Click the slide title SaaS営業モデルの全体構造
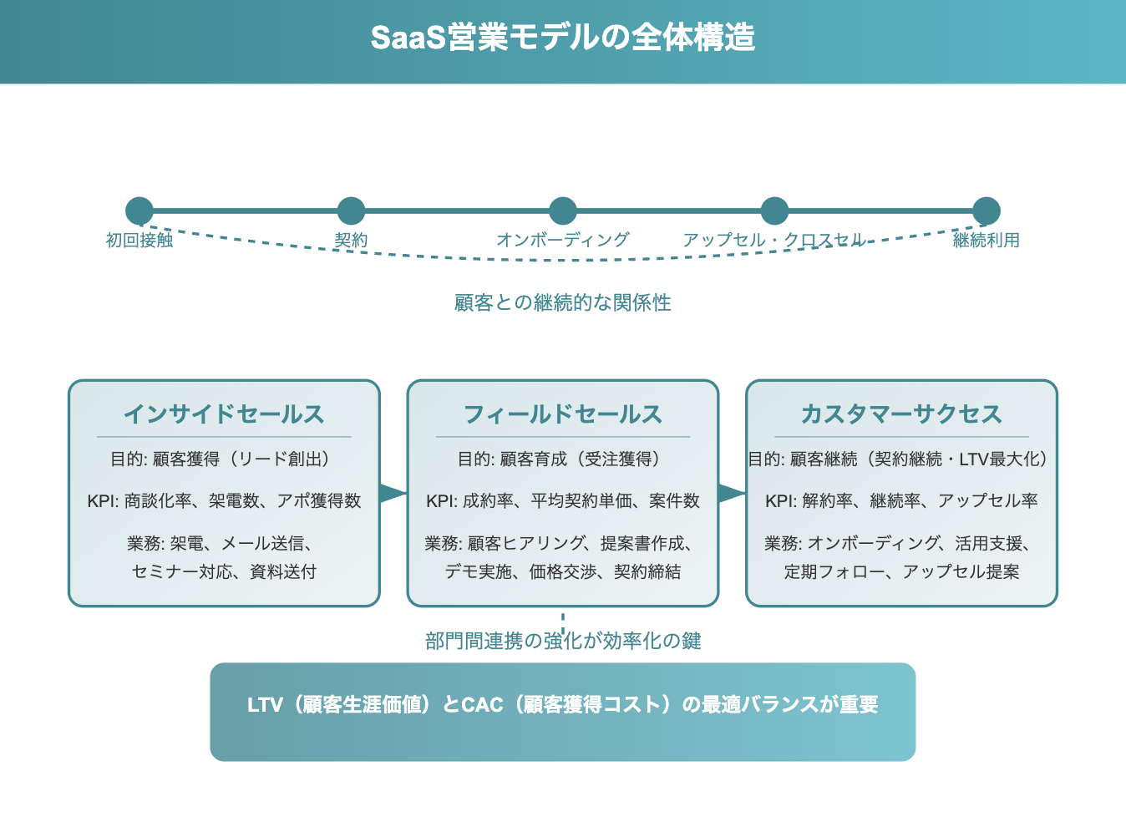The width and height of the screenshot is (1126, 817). pyautogui.click(x=562, y=38)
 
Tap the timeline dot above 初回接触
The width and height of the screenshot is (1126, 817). pyautogui.click(x=139, y=211)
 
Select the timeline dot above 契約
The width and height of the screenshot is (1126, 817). pyautogui.click(x=351, y=211)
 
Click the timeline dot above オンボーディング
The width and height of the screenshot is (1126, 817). pyautogui.click(x=562, y=211)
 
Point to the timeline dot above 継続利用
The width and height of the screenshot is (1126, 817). pyautogui.click(x=987, y=211)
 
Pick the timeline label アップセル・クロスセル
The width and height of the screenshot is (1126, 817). pyautogui.click(x=774, y=241)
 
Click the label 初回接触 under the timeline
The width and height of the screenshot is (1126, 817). pyautogui.click(x=139, y=241)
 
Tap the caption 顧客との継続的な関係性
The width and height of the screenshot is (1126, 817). pyautogui.click(x=562, y=302)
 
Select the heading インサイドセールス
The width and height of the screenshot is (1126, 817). pyautogui.click(x=224, y=414)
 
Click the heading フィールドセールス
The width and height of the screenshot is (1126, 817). pyautogui.click(x=562, y=414)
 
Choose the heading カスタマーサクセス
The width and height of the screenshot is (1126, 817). pyautogui.click(x=901, y=414)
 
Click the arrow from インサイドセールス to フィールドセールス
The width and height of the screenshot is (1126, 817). pyautogui.click(x=393, y=493)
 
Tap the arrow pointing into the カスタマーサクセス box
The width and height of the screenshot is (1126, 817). pyautogui.click(x=733, y=493)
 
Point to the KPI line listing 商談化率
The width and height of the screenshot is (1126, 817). pyautogui.click(x=224, y=500)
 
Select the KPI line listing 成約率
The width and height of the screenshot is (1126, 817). pyautogui.click(x=562, y=500)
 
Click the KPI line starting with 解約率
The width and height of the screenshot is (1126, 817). pyautogui.click(x=901, y=500)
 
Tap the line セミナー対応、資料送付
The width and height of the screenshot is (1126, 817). pyautogui.click(x=224, y=571)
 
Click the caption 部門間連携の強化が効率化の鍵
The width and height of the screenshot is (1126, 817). pyautogui.click(x=562, y=641)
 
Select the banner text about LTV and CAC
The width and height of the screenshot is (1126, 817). pyautogui.click(x=562, y=704)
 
